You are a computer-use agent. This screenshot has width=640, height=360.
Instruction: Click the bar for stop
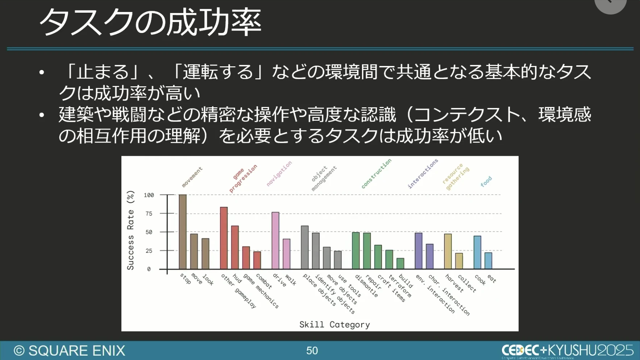[183, 232]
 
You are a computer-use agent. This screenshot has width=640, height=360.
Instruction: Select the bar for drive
[275, 240]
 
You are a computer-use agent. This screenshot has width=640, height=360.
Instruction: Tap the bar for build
[400, 264]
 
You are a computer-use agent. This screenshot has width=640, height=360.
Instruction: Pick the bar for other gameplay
[224, 238]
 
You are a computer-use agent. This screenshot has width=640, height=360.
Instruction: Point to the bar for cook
[477, 252]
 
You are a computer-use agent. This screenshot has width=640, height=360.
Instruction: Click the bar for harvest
[448, 251]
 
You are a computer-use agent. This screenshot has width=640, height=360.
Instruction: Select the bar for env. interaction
[419, 251]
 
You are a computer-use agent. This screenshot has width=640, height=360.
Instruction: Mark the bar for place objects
[305, 247]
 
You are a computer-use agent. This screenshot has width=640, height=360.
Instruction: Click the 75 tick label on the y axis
[149, 214]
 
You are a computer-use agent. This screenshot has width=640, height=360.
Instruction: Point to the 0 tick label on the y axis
[149, 269]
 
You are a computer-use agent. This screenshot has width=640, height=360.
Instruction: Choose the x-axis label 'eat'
[492, 278]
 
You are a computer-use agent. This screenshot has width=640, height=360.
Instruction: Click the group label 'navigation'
[279, 174]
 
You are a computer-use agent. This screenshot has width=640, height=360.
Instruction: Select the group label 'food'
[486, 181]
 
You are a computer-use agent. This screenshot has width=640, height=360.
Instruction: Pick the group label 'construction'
[377, 173]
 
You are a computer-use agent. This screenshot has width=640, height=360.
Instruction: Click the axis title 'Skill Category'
[334, 324]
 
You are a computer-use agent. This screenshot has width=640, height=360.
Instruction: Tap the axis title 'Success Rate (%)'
[130, 230]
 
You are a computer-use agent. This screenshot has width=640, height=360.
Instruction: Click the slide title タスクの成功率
[150, 22]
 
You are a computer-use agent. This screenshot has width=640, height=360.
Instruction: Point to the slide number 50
[312, 351]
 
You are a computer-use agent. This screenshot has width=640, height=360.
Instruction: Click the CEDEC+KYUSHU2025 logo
[567, 350]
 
